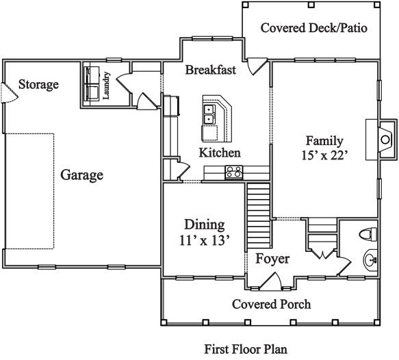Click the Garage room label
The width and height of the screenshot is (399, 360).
(x=81, y=175)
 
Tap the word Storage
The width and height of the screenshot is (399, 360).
(x=39, y=84)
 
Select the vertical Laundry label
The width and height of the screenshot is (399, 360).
(x=106, y=86)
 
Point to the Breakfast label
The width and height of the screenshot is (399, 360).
(x=210, y=70)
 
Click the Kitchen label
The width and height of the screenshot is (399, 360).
(x=220, y=153)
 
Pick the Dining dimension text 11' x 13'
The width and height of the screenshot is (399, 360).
(x=205, y=240)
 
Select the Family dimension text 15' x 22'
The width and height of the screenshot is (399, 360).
(x=324, y=155)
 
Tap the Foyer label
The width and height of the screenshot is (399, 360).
(x=272, y=259)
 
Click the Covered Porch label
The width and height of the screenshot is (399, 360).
(x=271, y=305)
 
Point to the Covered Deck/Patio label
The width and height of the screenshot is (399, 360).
(x=314, y=28)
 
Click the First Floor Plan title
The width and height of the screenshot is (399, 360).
(x=246, y=349)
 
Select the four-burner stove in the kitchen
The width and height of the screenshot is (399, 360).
(x=234, y=172)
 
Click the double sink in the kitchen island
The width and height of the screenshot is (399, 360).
(x=209, y=114)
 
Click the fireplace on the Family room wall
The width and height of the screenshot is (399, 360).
(x=385, y=140)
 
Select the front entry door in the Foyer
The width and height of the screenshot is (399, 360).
(x=271, y=281)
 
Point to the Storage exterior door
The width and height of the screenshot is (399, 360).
(x=9, y=93)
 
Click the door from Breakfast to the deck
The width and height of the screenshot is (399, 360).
(x=257, y=66)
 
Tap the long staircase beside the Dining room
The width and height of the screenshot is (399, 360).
(x=259, y=216)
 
